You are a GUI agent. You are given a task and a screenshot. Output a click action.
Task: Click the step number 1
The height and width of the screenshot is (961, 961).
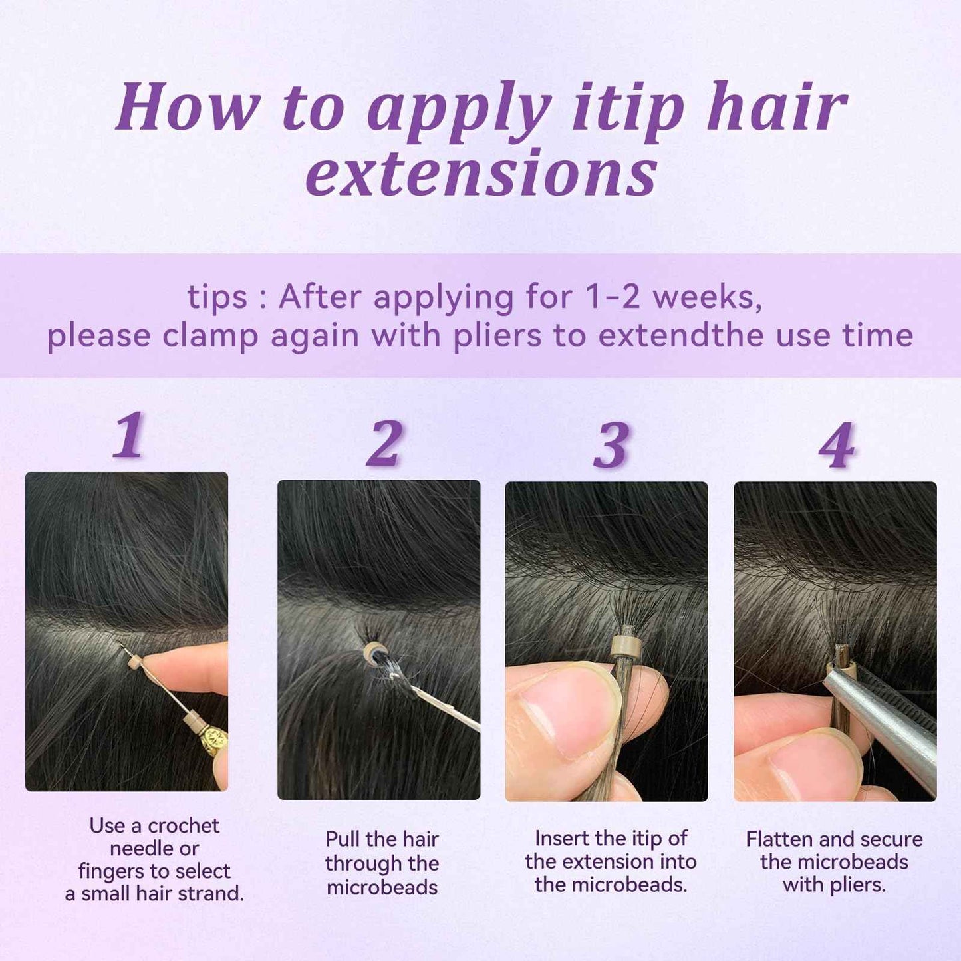(x=129, y=435)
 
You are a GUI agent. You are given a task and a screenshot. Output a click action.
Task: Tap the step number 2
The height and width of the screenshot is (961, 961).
(x=384, y=443)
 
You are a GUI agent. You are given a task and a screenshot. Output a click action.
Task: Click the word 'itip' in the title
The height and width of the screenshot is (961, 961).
(x=628, y=108)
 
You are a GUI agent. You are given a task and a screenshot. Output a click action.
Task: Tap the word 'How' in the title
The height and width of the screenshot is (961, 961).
(x=188, y=108)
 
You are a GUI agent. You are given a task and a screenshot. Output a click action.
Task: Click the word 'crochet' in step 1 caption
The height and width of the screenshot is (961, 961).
(x=184, y=825)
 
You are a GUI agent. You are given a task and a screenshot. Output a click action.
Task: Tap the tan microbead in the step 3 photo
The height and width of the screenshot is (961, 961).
(x=625, y=646)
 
